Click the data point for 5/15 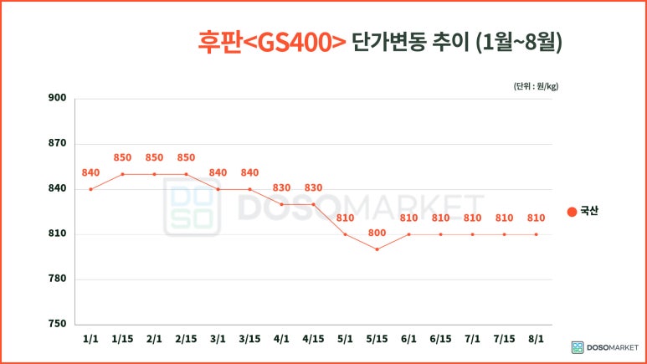click(x=377, y=249)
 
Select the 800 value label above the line click(x=377, y=233)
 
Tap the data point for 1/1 click(x=90, y=189)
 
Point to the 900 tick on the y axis click(x=58, y=99)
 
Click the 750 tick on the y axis click(x=58, y=324)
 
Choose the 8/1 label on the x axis click(x=536, y=339)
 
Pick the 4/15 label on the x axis click(x=313, y=339)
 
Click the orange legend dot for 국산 click(x=572, y=212)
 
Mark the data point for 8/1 click(x=536, y=234)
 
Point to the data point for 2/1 click(x=154, y=174)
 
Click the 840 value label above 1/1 click(x=90, y=172)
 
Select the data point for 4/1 click(x=281, y=204)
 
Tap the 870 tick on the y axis click(x=58, y=144)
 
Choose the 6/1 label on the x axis click(x=408, y=339)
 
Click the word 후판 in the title click(x=217, y=42)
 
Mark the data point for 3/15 click(x=249, y=189)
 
